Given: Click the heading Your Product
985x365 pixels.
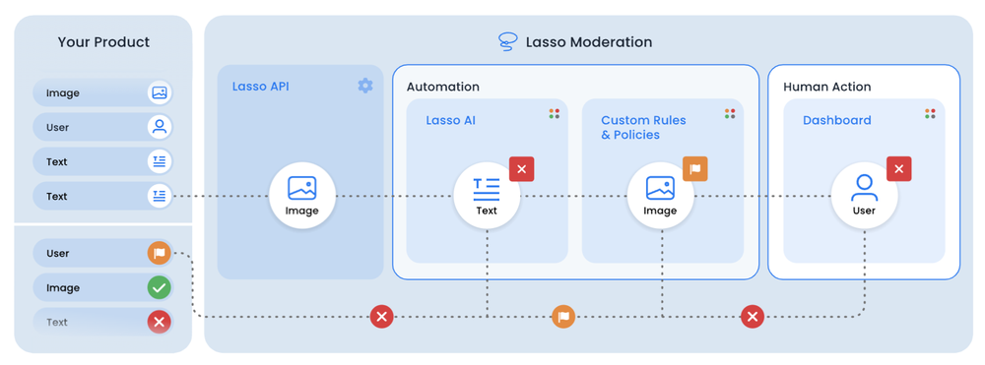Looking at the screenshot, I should pos(103,42).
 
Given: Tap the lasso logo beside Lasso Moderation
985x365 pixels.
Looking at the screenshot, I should pos(507,42).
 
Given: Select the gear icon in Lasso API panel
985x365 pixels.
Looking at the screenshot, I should pos(365,86).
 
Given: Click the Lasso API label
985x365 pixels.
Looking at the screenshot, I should pos(260,87).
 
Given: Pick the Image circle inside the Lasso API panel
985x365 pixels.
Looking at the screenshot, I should pos(302,196).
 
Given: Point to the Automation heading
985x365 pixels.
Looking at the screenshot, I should pos(442,87).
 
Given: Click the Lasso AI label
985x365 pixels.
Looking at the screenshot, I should pos(450,120).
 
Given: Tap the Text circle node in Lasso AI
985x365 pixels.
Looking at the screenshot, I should pos(487,196).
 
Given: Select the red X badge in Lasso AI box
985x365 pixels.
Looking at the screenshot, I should pos(522,169).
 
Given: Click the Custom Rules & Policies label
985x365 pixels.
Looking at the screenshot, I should pos(643,127).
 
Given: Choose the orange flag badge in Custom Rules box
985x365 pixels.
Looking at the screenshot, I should pos(695,169).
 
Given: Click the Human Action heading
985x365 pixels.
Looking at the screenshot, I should pos(826,87).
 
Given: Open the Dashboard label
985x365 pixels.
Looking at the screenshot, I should pos(836,120).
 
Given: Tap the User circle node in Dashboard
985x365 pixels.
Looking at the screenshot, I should pos(864,196).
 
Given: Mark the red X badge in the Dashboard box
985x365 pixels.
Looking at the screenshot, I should pos(898,169).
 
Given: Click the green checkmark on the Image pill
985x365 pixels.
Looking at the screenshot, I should pos(159,287).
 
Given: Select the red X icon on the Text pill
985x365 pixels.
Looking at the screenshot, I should pos(159,322).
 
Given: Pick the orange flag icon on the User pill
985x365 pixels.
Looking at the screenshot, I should pos(159,253).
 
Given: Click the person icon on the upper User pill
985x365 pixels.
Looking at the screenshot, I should pos(159,127).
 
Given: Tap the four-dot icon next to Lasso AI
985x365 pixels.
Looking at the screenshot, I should pos(555,114).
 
